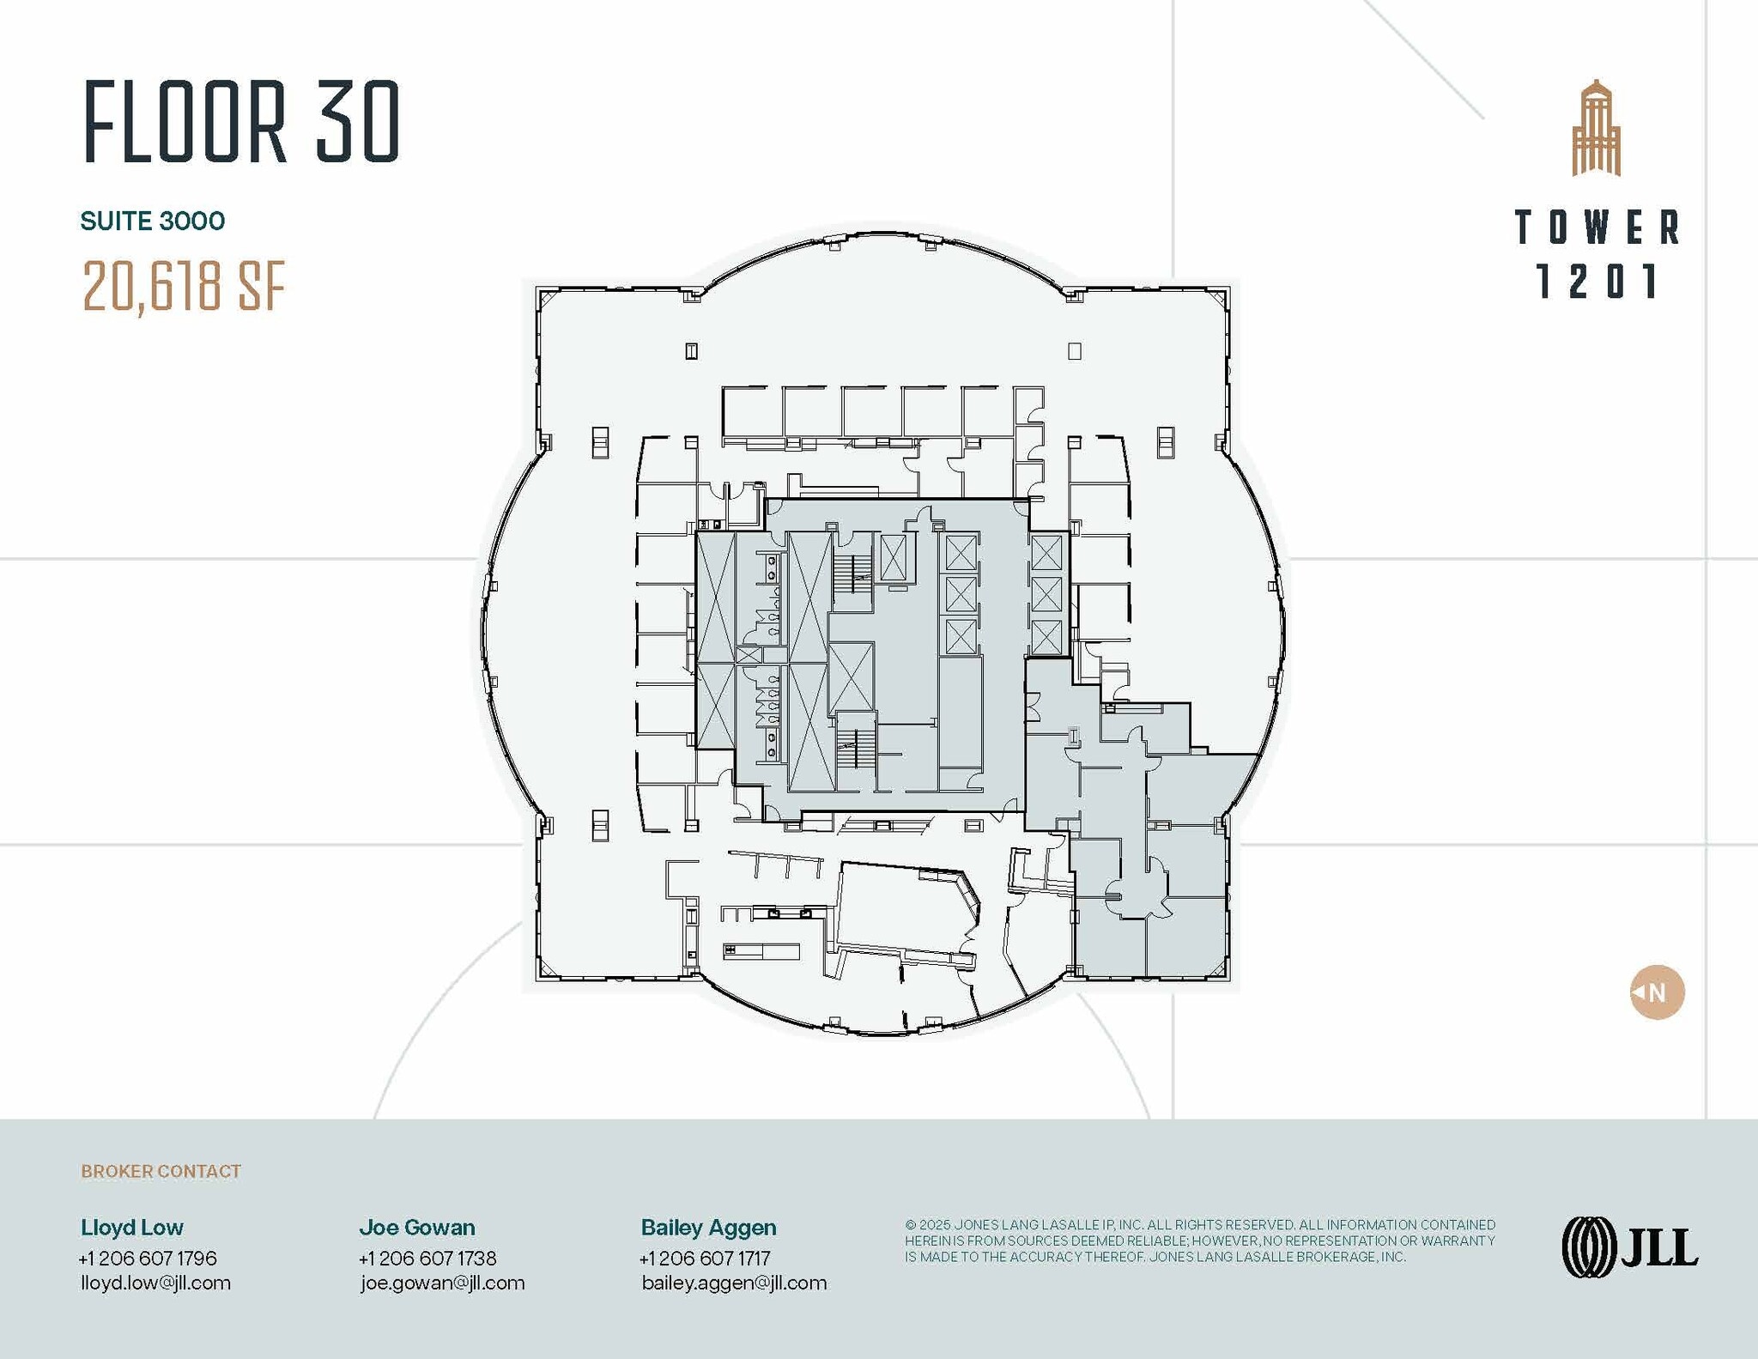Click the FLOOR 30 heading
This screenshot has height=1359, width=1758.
pos(241,122)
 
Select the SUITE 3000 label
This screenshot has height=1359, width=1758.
pos(153,221)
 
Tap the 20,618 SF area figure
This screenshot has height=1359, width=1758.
pos(183,286)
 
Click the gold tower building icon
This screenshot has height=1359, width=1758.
pos(1596,129)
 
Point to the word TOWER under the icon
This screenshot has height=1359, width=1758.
pos(1597,228)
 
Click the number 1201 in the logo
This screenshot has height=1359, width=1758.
pos(1597,282)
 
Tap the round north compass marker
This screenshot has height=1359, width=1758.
pos(1657,992)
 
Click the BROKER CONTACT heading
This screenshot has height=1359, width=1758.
pos(161,1171)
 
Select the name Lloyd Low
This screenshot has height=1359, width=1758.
pos(132,1227)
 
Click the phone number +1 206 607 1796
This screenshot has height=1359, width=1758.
pos(148,1258)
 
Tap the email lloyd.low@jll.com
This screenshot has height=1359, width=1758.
pos(155,1283)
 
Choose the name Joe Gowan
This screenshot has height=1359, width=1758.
pos(416,1227)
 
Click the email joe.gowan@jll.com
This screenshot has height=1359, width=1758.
pos(442,1283)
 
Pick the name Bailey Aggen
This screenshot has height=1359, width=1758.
pos(708,1227)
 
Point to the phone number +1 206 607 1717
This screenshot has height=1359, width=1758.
pos(705,1258)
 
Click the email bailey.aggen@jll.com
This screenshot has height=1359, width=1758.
pos(734,1283)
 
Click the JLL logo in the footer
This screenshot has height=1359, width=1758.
pos(1628,1247)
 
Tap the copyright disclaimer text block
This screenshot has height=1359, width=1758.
pos(1199,1241)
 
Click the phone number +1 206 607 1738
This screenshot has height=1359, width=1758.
pos(427,1258)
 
